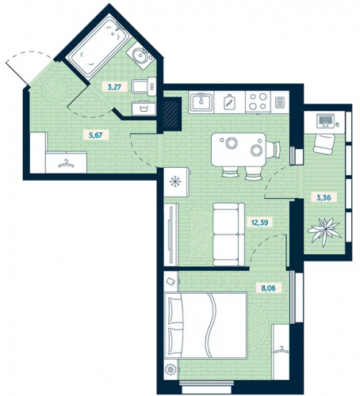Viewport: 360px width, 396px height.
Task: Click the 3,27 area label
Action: click(x=114, y=86)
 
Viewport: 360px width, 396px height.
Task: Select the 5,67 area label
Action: click(x=96, y=135)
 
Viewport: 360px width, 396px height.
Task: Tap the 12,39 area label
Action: click(x=259, y=223)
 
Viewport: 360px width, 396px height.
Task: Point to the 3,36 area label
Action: click(x=324, y=197)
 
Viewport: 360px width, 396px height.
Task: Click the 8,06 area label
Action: click(x=268, y=287)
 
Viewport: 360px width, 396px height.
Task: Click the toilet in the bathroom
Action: click(x=144, y=86)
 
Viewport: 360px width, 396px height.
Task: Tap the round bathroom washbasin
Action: click(x=139, y=55)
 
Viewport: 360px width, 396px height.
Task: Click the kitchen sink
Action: click(x=201, y=101)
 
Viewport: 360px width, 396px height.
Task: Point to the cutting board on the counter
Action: click(x=229, y=101)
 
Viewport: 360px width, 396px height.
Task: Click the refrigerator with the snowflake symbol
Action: click(x=176, y=182)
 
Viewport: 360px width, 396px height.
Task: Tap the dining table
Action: click(x=239, y=150)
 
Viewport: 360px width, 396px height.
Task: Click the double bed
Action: click(x=205, y=325)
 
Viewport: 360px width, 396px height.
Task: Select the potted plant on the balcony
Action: click(x=324, y=230)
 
